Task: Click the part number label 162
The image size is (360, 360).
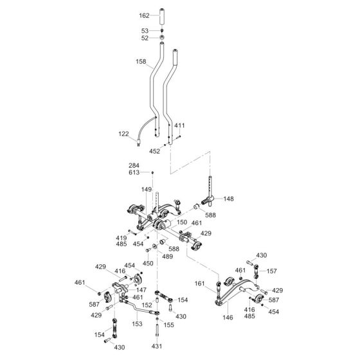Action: click(x=144, y=15)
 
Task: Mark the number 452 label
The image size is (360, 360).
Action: click(x=154, y=151)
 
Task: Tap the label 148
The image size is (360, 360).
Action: click(x=229, y=199)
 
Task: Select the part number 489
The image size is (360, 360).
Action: click(x=167, y=256)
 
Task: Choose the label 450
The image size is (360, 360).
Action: click(x=148, y=264)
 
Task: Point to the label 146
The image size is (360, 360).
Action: click(x=228, y=318)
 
